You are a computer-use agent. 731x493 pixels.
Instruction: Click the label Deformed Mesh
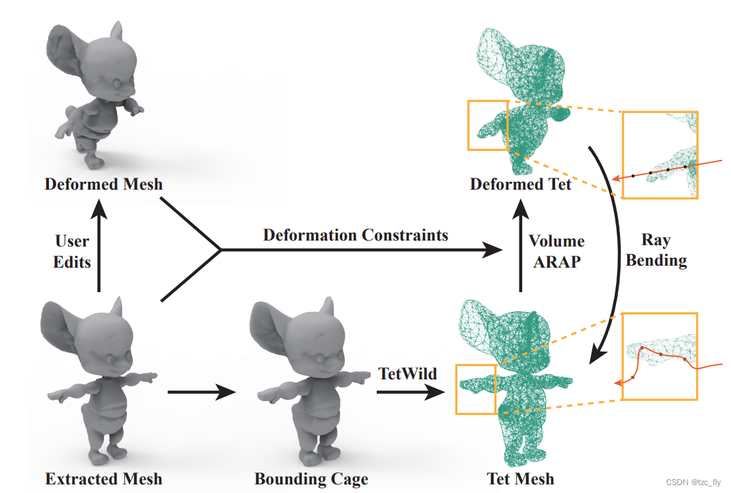104,184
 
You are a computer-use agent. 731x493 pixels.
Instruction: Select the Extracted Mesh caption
104,478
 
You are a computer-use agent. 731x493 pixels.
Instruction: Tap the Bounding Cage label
311,478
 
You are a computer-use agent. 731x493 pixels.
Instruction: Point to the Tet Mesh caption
520,478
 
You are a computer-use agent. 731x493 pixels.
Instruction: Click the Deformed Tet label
520,184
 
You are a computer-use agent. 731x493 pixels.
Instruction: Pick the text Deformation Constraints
356,235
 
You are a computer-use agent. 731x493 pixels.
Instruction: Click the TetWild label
408,373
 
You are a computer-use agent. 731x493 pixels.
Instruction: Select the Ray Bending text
656,250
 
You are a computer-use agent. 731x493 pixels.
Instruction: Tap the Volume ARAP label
557,251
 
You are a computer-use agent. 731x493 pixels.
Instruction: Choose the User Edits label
73,251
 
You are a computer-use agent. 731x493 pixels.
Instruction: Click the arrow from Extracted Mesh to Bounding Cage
202,393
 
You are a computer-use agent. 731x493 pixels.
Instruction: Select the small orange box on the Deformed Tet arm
488,125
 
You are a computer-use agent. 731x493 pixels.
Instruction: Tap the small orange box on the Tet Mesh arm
476,389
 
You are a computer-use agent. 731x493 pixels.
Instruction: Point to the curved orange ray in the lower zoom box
661,357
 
